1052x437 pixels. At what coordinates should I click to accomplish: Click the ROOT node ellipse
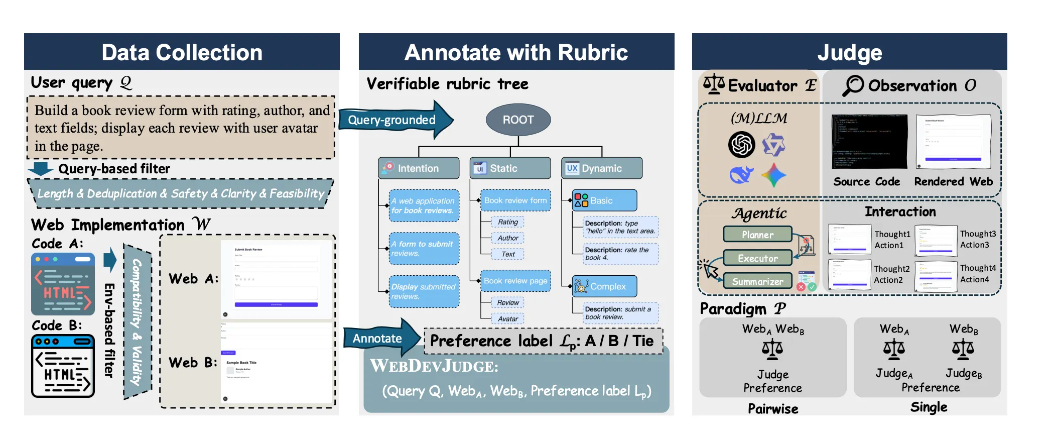tap(518, 120)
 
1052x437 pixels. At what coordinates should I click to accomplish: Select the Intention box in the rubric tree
tap(419, 168)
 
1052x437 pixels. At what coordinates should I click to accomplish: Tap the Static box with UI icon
tap(510, 168)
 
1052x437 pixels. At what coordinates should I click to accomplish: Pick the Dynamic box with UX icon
tap(601, 168)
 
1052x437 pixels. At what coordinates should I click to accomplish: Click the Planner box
tap(757, 235)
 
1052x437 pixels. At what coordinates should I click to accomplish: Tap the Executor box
tap(757, 258)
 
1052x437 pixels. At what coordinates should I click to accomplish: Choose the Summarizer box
tap(757, 281)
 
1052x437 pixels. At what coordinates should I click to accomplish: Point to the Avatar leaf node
tap(507, 318)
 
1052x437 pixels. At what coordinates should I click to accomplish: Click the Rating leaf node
tap(507, 222)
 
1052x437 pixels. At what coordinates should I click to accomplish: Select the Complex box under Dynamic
tap(604, 286)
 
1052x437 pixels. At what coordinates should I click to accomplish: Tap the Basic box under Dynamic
tap(604, 200)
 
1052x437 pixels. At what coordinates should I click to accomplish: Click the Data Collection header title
tap(182, 52)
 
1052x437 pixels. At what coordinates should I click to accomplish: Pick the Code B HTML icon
tap(63, 366)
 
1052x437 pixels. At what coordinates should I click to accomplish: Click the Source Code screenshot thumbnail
tap(869, 142)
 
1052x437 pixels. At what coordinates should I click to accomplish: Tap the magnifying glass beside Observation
tap(853, 85)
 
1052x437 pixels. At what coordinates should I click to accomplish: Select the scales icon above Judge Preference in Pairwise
tap(772, 349)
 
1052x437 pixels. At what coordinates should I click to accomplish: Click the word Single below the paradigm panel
tap(929, 407)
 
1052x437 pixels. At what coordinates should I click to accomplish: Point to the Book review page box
tap(515, 281)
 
